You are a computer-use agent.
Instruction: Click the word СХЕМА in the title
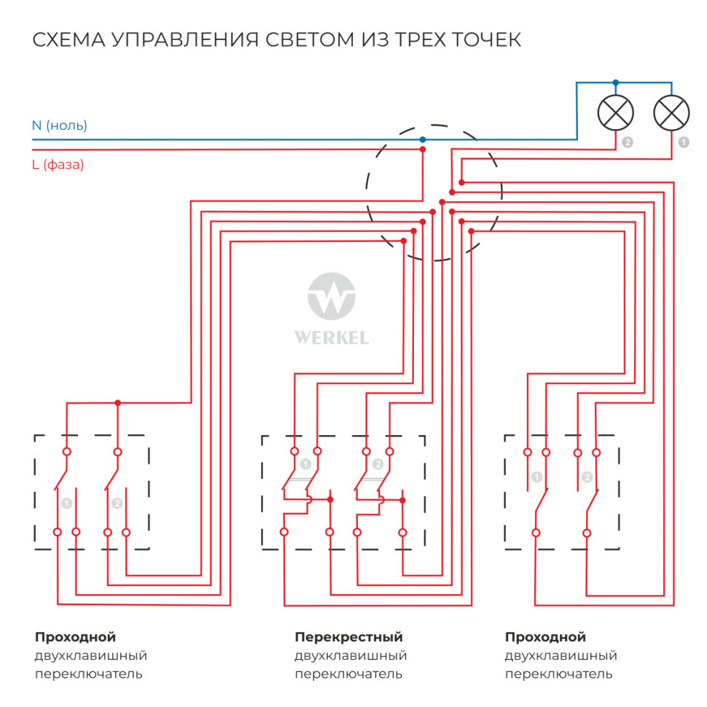(x=67, y=39)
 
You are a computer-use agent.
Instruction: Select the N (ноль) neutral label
(x=59, y=125)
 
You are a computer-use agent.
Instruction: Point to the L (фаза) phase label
(x=58, y=165)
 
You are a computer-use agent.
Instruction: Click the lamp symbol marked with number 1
(x=671, y=112)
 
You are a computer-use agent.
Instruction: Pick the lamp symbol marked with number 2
(x=616, y=112)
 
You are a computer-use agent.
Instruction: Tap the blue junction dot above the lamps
(x=616, y=82)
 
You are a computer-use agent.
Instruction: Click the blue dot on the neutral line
(x=423, y=139)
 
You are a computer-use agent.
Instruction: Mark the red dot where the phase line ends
(x=423, y=149)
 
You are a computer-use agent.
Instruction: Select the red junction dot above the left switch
(x=117, y=402)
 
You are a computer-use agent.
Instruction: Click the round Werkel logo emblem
(x=332, y=298)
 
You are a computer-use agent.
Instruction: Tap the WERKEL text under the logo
(x=332, y=338)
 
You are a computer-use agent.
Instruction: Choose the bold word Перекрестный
(x=348, y=638)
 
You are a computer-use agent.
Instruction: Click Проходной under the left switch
(x=75, y=638)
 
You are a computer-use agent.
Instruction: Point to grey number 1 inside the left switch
(x=67, y=503)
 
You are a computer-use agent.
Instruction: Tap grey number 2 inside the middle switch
(x=378, y=464)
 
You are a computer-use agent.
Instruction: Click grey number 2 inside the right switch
(x=587, y=478)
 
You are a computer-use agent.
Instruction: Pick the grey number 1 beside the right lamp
(x=683, y=143)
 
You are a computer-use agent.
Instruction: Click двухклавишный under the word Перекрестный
(x=351, y=656)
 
